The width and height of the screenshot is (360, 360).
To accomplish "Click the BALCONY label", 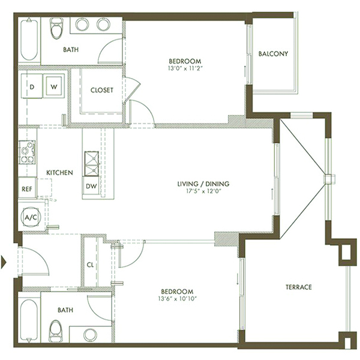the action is click(x=273, y=54).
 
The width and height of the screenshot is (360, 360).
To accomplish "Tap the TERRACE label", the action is click(x=299, y=287).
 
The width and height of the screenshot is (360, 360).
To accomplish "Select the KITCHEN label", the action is click(x=59, y=172).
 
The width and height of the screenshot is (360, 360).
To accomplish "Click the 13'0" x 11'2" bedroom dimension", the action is click(x=185, y=68).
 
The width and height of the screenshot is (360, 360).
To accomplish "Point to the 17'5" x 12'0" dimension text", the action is click(x=203, y=191).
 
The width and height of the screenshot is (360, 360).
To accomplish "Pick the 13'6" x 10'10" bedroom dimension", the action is click(x=178, y=299).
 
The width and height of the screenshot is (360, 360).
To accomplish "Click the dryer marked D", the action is click(x=32, y=86).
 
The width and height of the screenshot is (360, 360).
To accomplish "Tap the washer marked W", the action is click(x=54, y=86).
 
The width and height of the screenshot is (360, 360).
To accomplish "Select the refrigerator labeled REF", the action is click(x=27, y=188).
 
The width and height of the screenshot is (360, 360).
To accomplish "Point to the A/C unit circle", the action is click(x=31, y=217).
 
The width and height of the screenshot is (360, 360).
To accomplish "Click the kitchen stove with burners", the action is click(x=27, y=152).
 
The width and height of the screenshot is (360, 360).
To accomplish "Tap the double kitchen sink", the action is click(x=92, y=163).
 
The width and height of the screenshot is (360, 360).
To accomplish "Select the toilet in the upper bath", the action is click(x=56, y=28).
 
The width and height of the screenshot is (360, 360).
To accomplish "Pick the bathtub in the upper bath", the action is click(x=29, y=40).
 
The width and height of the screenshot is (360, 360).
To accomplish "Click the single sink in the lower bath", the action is click(x=90, y=335).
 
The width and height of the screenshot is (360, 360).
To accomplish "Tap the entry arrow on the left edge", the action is click(x=4, y=262).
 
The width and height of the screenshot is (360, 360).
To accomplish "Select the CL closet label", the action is click(x=90, y=265).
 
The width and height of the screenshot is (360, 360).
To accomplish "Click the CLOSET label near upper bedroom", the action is click(x=102, y=90).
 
